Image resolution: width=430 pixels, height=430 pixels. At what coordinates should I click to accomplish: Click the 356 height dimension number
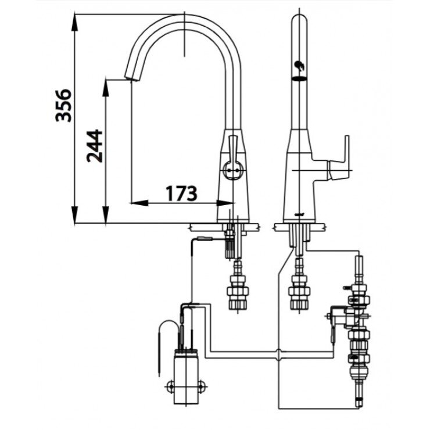(64, 105)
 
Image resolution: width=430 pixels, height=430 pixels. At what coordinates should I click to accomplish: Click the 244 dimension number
(95, 146)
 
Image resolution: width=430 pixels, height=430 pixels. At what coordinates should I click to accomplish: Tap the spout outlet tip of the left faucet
(130, 78)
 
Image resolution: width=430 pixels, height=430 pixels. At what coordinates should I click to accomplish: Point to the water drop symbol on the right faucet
(299, 68)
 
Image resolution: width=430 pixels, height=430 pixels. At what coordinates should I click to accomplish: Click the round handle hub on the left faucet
(232, 170)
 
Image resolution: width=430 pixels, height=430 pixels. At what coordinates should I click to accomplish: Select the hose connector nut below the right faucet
(299, 291)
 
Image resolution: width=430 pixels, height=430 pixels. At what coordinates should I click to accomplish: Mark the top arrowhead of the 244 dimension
(105, 82)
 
